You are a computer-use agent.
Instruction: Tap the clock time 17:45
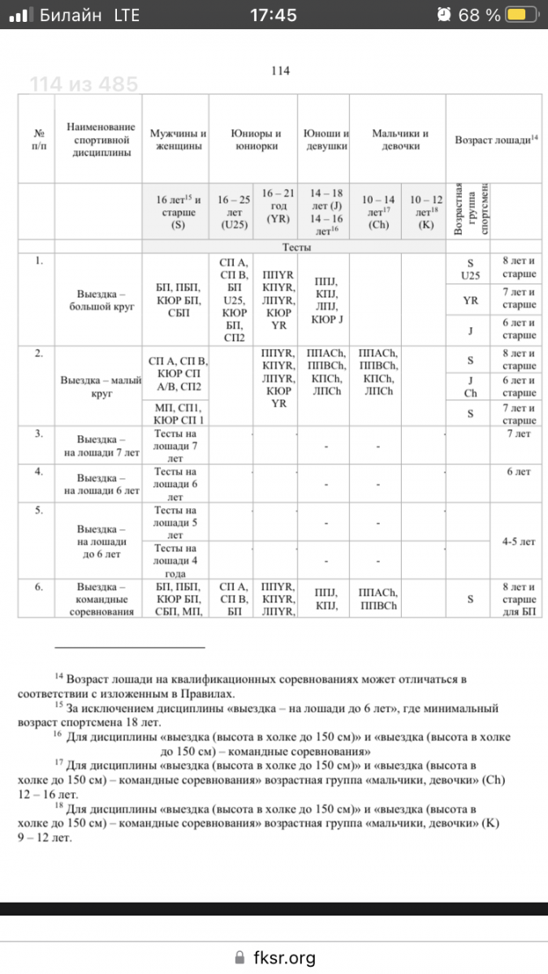(274, 15)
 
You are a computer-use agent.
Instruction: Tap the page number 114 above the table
(280, 71)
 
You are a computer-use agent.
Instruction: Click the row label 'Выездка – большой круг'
(101, 300)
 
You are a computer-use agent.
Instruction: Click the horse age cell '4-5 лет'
(518, 539)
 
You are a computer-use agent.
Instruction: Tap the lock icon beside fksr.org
(238, 958)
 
